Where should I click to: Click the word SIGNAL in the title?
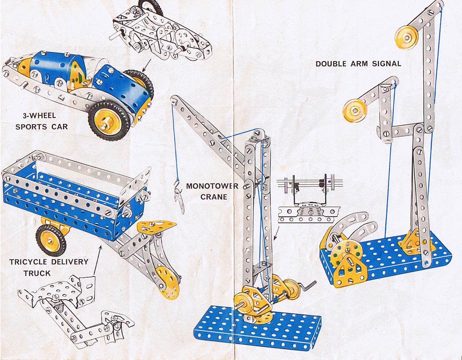tap(387, 64)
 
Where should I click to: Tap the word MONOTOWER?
tap(212, 186)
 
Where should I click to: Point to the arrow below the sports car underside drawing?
tap(147, 65)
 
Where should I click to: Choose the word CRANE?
tap(214, 197)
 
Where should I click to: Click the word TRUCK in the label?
tap(37, 273)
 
